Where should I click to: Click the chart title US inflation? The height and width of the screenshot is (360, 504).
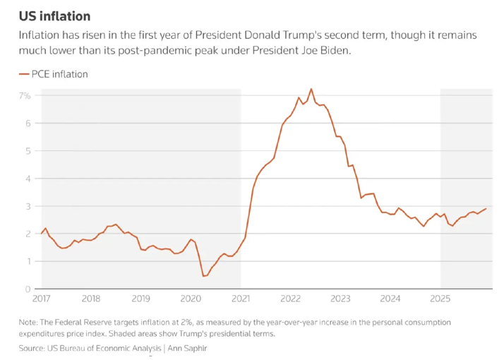54,16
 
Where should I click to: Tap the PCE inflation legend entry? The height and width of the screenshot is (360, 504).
59,74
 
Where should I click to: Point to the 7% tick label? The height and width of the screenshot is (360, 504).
25,95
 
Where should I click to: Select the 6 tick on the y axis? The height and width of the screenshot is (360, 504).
28,123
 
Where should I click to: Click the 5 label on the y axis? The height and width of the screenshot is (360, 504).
28,150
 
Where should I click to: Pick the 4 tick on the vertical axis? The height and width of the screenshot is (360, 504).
28,179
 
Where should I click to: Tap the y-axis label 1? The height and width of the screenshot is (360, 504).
28,261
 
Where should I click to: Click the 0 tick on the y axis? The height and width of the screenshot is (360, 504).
28,289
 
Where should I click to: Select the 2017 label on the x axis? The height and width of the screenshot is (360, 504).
42,298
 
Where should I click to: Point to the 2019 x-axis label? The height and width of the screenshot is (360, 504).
140,298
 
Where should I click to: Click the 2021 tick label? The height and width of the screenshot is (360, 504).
241,298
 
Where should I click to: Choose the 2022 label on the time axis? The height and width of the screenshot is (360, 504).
291,298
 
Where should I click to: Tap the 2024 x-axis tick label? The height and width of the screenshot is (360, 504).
390,298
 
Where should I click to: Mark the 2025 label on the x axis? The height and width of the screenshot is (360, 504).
440,298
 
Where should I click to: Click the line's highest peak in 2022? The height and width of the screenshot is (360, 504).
311,89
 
